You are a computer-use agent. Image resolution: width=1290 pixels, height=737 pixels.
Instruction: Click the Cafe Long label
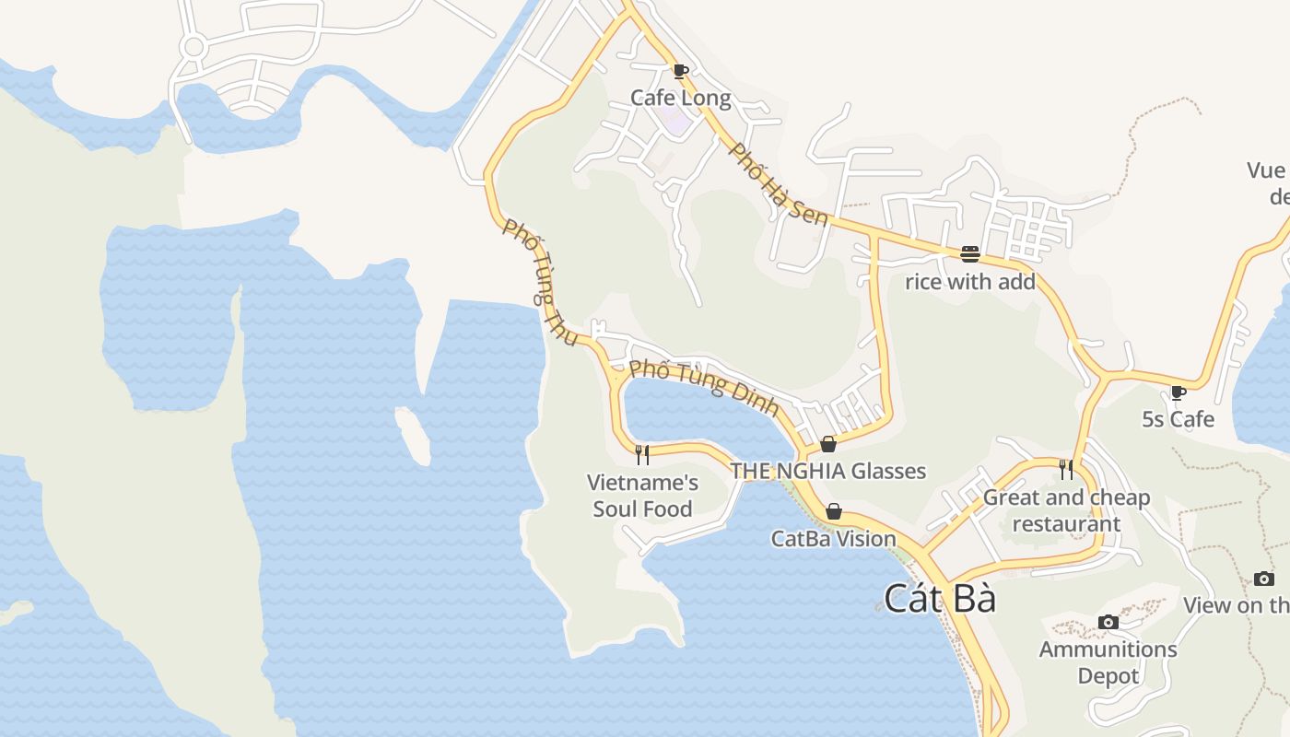[x=680, y=98]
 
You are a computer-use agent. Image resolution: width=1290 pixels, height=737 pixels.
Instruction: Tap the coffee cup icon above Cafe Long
[x=680, y=71]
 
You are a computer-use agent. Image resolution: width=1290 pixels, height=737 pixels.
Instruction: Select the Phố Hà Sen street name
[x=779, y=184]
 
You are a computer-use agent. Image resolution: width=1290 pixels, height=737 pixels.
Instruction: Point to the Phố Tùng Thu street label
[x=541, y=282]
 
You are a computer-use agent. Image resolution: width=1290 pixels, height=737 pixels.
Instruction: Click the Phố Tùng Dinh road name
[x=704, y=387]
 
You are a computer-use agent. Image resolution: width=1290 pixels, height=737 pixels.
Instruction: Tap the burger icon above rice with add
[x=969, y=254]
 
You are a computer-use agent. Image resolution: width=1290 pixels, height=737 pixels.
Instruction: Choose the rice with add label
[x=969, y=281]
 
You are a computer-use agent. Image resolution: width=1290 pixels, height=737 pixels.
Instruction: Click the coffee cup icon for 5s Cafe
[x=1178, y=392]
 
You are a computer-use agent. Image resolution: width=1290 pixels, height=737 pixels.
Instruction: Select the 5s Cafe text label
[x=1178, y=419]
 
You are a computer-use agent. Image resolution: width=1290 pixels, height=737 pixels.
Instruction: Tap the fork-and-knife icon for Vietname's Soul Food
[x=642, y=453]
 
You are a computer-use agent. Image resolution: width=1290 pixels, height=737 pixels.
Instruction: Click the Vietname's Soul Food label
[x=642, y=495]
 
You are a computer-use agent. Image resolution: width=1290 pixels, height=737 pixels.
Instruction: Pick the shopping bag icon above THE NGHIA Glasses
[x=827, y=444]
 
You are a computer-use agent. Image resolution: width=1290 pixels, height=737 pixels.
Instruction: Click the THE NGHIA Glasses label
[x=827, y=471]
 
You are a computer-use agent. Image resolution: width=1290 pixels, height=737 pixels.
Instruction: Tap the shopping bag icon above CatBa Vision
[x=833, y=511]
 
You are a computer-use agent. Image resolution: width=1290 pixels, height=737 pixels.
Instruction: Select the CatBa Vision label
[x=833, y=538]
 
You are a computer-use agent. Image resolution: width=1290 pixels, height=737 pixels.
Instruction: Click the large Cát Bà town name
[x=940, y=598]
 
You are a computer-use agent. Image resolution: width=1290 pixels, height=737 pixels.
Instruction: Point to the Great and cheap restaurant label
[x=1066, y=510]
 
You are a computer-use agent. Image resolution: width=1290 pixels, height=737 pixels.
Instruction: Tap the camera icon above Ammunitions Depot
[x=1108, y=623]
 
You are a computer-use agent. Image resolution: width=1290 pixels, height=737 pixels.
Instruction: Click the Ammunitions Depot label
[x=1108, y=661]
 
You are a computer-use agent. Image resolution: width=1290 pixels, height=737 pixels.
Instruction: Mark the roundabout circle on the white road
[x=193, y=47]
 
